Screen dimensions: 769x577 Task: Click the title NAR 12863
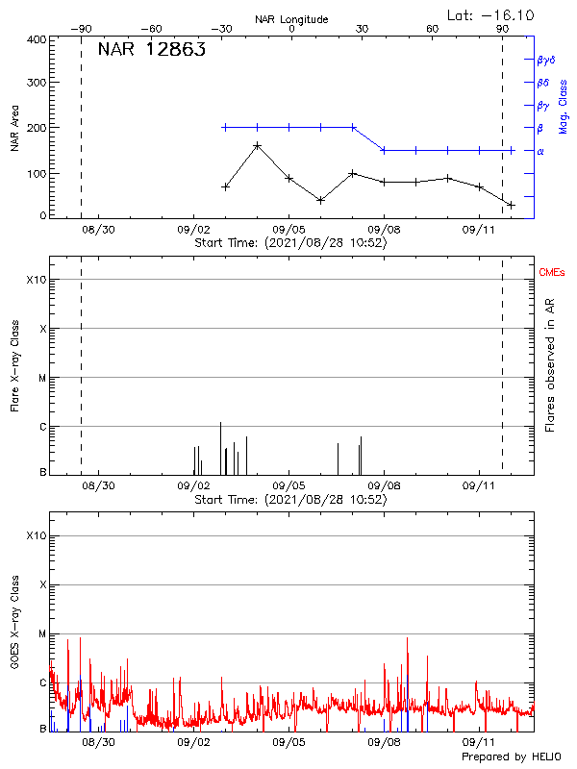coord(151,51)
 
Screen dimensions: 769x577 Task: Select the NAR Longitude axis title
coord(291,19)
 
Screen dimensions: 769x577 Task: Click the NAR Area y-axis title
coord(14,128)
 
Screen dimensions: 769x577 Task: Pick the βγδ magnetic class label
coord(546,60)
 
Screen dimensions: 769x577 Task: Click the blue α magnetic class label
coord(540,151)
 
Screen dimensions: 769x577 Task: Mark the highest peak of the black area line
coord(257,146)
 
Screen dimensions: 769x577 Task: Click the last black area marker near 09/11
coord(512,205)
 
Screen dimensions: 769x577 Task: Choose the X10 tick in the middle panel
coord(37,280)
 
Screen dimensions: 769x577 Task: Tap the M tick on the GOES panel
coord(40,633)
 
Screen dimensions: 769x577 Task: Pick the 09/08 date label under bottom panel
coord(385,743)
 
